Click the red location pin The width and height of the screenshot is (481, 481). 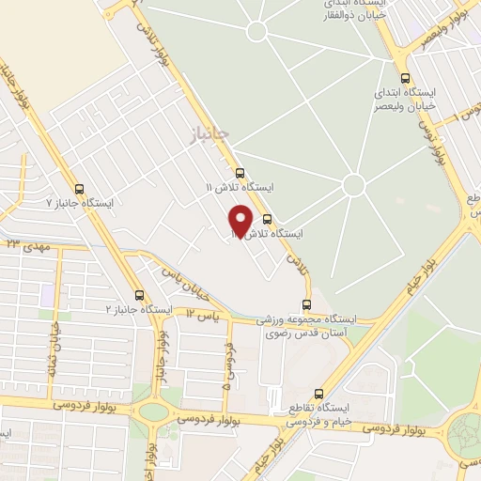point(241,220)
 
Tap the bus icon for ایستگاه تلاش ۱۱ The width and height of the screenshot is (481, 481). point(240,173)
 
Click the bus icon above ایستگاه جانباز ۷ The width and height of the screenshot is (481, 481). point(79,187)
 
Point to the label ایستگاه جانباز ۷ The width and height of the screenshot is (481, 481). point(80,202)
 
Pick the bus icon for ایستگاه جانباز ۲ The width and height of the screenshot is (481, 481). point(139,294)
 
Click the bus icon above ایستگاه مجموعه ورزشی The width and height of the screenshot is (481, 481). point(306,303)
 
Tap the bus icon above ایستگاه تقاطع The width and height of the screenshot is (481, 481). point(318,393)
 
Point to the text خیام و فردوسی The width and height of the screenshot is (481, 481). point(318,422)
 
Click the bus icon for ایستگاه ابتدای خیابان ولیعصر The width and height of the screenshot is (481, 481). point(405,78)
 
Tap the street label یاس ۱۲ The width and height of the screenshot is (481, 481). point(201,316)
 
